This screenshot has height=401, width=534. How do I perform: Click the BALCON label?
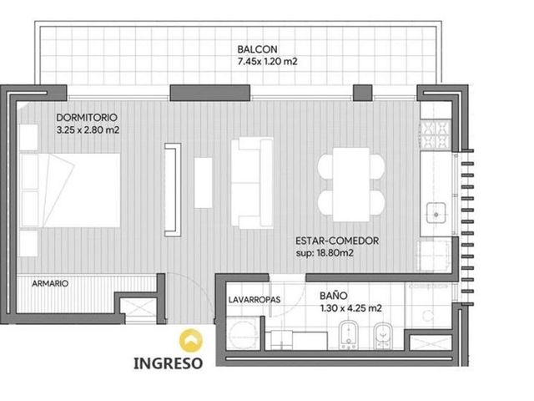click(x=257, y=49)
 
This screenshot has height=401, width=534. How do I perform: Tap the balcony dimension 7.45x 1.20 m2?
click(x=267, y=62)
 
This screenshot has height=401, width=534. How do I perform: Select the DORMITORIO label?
click(x=87, y=118)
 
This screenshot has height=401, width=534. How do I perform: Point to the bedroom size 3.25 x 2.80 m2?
click(x=88, y=130)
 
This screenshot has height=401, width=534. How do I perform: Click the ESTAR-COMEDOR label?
click(x=337, y=241)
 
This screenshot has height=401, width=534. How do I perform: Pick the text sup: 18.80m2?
click(x=325, y=253)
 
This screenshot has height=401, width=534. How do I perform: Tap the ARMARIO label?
click(x=50, y=284)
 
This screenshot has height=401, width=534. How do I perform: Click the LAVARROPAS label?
click(x=254, y=300)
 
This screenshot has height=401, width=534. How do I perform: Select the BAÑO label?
click(x=334, y=296)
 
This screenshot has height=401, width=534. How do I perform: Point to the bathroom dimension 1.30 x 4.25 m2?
click(x=350, y=308)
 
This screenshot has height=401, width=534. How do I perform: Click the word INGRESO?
click(x=169, y=363)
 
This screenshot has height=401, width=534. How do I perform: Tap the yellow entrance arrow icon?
click(x=191, y=341)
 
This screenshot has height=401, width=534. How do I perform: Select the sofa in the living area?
click(x=252, y=183)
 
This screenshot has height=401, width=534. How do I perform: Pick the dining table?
click(x=351, y=185)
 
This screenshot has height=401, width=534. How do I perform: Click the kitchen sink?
click(x=436, y=213)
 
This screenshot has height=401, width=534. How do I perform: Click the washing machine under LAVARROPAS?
click(x=242, y=333)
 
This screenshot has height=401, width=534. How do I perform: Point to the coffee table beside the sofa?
click(x=204, y=182)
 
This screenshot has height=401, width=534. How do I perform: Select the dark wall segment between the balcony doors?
click(x=210, y=93)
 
